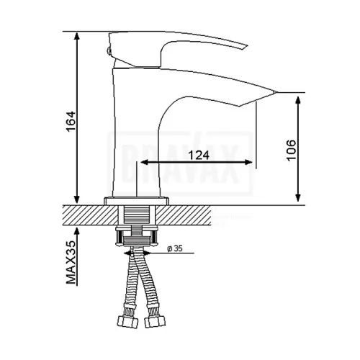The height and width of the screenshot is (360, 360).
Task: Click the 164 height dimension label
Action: [x=71, y=122]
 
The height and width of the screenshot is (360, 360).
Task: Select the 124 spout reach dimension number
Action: [x=199, y=156]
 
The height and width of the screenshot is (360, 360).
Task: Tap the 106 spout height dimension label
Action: [x=292, y=150]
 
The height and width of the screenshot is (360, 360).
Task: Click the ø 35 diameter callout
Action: [x=175, y=248]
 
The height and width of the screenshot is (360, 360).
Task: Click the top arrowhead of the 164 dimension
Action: [x=76, y=35]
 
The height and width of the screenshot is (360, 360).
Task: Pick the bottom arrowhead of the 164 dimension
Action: [x=76, y=199]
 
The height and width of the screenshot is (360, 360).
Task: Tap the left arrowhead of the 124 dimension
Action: [x=144, y=162]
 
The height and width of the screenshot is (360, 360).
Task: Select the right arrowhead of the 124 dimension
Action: [x=248, y=162]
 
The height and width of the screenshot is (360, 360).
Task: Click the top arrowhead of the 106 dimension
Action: [x=298, y=100]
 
